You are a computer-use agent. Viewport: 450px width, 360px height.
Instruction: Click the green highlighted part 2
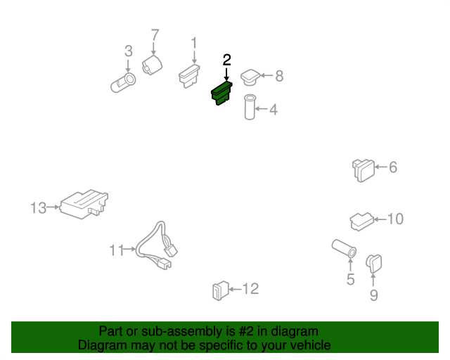(x=221, y=94)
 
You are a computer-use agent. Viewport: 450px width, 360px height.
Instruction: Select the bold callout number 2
(x=226, y=60)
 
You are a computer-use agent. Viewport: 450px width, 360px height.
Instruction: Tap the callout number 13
(x=38, y=208)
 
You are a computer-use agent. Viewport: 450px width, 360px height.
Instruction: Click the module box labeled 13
(x=84, y=204)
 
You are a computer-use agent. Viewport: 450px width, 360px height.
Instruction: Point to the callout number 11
(x=117, y=250)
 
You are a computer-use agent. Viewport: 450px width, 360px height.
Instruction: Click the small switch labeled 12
(x=220, y=290)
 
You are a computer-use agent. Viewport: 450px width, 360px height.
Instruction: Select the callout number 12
(x=250, y=289)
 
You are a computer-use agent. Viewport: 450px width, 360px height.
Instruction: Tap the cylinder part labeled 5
(x=344, y=249)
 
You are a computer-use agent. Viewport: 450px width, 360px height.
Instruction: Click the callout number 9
(x=373, y=295)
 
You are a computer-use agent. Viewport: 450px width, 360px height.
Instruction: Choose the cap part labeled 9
(x=373, y=263)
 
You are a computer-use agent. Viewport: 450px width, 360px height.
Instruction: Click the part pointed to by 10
(x=361, y=221)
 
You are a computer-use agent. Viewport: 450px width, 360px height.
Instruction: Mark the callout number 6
(x=393, y=167)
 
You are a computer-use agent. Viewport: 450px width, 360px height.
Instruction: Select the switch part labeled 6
(x=364, y=170)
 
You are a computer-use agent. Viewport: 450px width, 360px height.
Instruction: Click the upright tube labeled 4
(x=250, y=107)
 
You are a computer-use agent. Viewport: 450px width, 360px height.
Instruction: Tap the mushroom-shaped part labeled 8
(x=250, y=77)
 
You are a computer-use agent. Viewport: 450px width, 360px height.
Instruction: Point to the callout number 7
(x=155, y=35)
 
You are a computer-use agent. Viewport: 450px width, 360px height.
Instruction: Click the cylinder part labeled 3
(x=123, y=83)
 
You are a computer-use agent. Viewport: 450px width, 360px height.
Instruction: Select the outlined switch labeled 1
(x=189, y=76)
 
